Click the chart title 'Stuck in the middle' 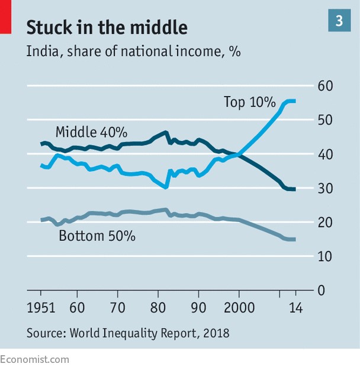click(x=107, y=27)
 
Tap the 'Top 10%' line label click(x=249, y=102)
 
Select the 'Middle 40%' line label click(x=91, y=131)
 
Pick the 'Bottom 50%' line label click(x=97, y=236)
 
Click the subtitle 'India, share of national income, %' click(x=133, y=52)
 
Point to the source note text click(x=127, y=333)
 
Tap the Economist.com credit click(x=35, y=359)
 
